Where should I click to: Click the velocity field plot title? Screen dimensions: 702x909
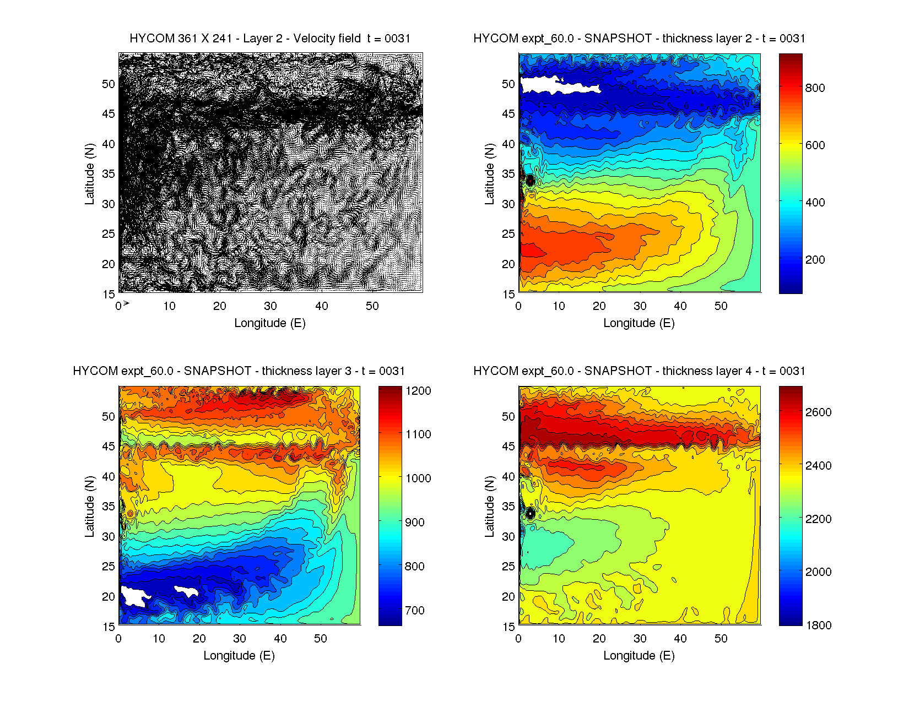coord(270,39)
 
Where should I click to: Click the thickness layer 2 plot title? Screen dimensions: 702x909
coord(639,39)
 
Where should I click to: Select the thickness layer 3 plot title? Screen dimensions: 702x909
coord(239,371)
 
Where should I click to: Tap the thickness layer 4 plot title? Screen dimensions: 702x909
coord(639,371)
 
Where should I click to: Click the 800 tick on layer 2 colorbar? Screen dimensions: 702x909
coord(815,88)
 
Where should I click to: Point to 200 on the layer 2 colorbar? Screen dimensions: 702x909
coord(815,260)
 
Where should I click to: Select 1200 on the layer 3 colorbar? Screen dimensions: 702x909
coord(418,391)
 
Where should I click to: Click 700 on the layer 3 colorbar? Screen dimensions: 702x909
coord(415,610)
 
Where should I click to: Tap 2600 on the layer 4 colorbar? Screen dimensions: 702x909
coord(818,412)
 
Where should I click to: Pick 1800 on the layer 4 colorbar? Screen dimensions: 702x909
coord(818,625)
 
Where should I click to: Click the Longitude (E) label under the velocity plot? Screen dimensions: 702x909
coord(270,323)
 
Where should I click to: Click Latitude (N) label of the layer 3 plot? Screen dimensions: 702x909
coord(89,507)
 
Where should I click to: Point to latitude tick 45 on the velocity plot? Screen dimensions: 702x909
coord(109,114)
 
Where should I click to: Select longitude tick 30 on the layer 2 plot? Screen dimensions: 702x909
coord(640,306)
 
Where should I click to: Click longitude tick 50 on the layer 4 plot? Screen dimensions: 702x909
coord(721,639)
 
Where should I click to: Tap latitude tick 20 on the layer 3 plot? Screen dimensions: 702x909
coord(109,597)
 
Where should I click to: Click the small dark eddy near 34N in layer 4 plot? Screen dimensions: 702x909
coord(531,514)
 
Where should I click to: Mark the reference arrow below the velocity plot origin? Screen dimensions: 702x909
coord(126,303)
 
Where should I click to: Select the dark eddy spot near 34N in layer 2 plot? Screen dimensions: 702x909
coord(530,180)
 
